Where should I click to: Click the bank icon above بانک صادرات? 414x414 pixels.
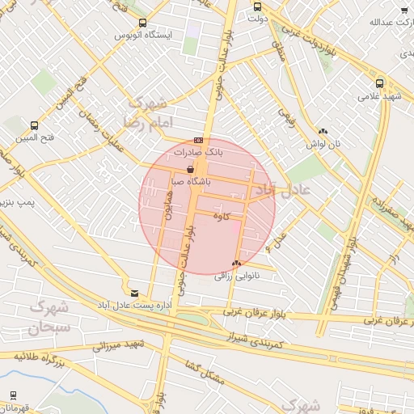[x=198, y=140]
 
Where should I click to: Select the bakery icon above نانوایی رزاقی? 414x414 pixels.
[x=236, y=264]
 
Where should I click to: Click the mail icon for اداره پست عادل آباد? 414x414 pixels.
[x=134, y=293]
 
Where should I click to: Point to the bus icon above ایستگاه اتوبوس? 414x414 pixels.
[x=143, y=23]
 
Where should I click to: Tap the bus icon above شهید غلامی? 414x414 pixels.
[x=379, y=82]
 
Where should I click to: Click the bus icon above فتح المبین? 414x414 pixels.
[x=34, y=125]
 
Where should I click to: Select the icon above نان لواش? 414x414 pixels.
[x=323, y=130]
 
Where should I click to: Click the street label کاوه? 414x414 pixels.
[x=222, y=216]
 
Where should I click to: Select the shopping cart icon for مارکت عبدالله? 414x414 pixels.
[x=403, y=10]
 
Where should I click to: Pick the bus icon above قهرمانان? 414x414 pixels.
[x=14, y=395]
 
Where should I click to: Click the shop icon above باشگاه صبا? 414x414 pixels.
[x=190, y=170]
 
